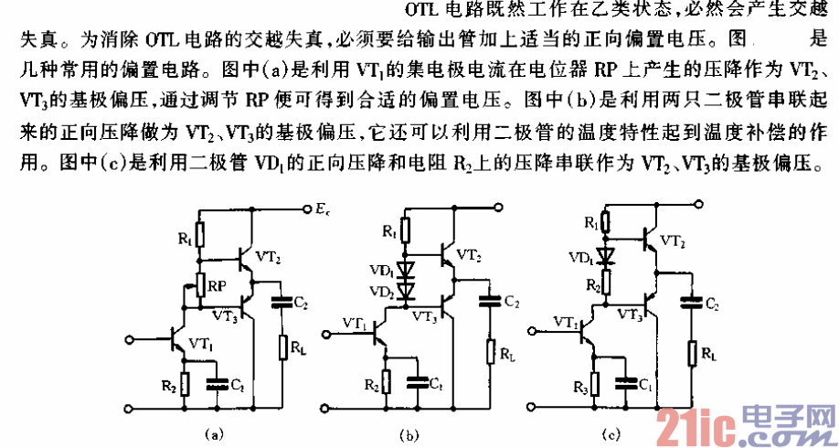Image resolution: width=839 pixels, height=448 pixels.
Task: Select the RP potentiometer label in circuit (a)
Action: [216, 285]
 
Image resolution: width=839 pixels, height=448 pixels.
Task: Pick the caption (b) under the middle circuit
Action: [412, 433]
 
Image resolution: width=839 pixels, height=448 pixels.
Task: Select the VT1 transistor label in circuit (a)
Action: [201, 344]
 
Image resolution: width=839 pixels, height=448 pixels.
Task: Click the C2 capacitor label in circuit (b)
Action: [512, 302]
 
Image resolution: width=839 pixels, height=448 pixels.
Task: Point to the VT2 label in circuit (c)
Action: [672, 240]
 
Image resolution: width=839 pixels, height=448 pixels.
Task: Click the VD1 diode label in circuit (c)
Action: [579, 257]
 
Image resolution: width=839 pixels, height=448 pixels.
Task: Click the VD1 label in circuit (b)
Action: [380, 271]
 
